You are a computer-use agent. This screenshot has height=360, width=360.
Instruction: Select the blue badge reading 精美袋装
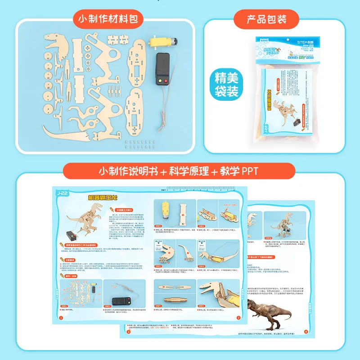click(x=226, y=85)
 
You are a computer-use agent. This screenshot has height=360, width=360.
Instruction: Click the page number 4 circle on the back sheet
click(x=306, y=332)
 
